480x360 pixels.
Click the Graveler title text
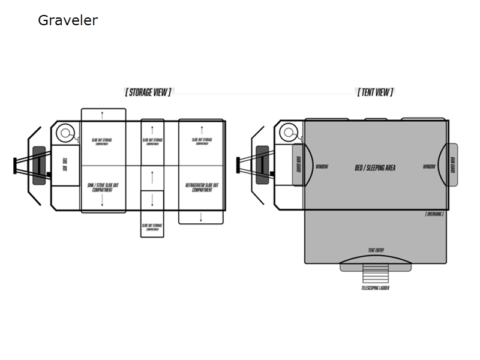click(x=67, y=20)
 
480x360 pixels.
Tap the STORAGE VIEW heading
click(x=148, y=92)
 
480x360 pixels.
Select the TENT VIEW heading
click(x=375, y=92)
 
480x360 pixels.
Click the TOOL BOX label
click(x=64, y=164)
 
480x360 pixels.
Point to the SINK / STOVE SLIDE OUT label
click(x=103, y=188)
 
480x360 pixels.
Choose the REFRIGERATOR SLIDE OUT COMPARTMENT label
click(x=202, y=188)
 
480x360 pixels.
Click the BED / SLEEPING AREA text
click(x=375, y=168)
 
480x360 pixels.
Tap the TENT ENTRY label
click(x=376, y=250)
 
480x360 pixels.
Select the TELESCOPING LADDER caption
click(x=375, y=289)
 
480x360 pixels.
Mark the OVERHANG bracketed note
click(x=434, y=214)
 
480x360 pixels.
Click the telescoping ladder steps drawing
click(x=375, y=274)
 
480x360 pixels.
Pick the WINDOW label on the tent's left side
click(x=322, y=167)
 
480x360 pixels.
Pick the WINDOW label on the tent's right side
click(x=428, y=167)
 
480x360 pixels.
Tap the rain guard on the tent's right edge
click(x=452, y=164)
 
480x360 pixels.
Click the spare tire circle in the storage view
click(x=66, y=132)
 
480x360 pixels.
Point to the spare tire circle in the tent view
click(x=289, y=132)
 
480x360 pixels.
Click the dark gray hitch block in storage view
click(x=39, y=164)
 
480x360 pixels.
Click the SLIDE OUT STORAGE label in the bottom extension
click(x=152, y=227)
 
